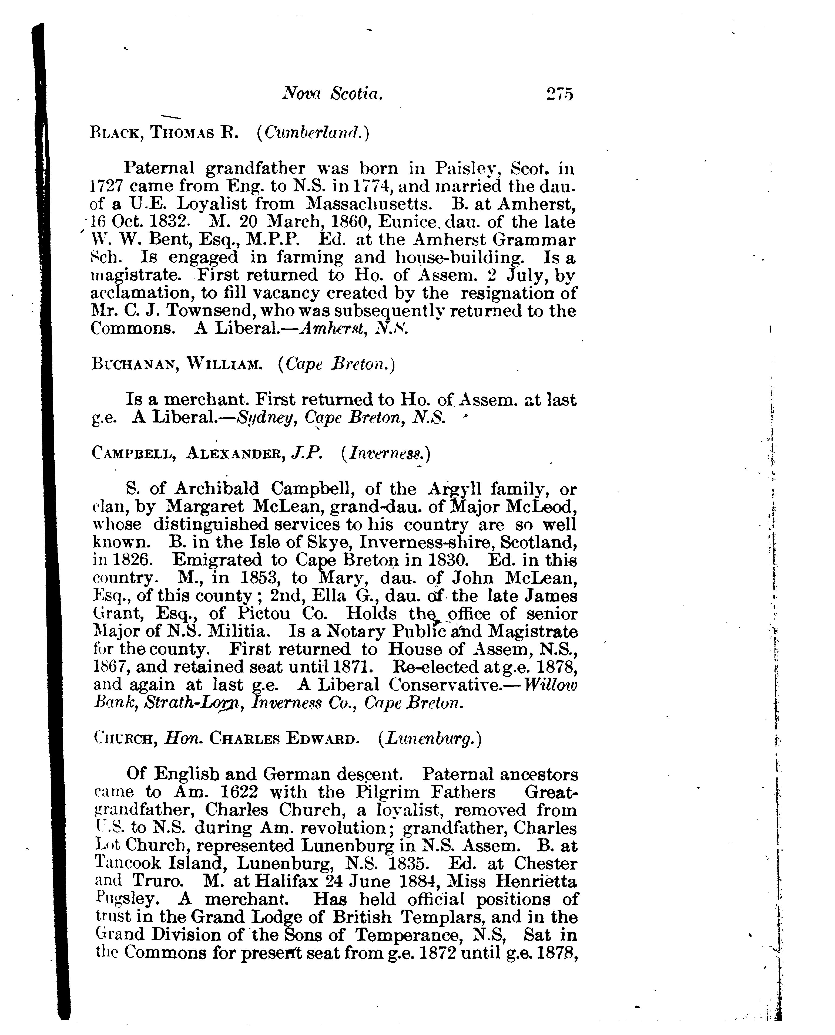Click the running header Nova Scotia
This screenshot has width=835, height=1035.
pos(332,93)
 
